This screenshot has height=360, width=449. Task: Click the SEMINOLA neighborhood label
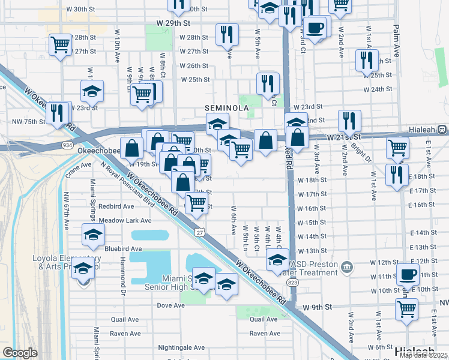point(227,107)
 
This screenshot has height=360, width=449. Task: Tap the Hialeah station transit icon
point(442,129)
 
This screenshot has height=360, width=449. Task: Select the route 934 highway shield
point(67,145)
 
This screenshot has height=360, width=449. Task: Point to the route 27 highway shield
point(199,232)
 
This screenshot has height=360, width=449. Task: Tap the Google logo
point(20,353)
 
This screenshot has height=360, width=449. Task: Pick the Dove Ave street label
point(170,305)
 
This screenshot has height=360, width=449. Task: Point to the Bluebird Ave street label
point(122,248)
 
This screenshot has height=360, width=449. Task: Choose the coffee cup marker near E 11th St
point(408,274)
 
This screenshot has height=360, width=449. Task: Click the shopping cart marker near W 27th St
point(60,44)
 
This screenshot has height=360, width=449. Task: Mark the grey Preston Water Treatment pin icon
point(347,266)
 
